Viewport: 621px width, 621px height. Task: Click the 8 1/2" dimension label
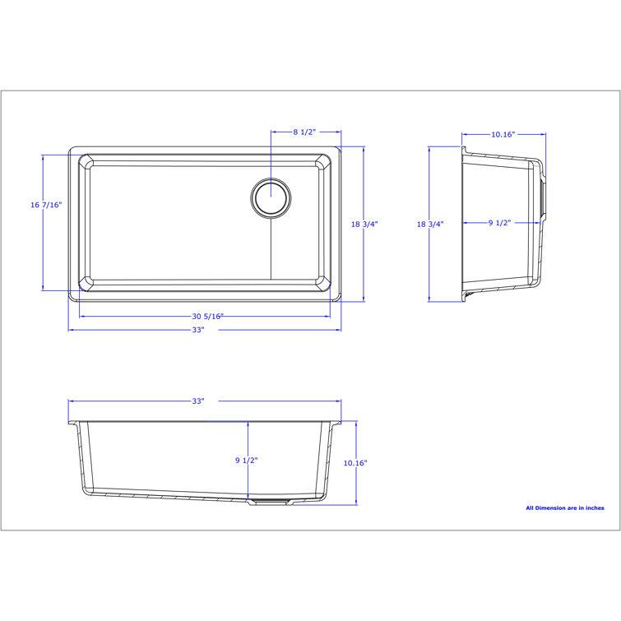click(304, 132)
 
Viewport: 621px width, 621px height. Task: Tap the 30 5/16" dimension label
click(206, 316)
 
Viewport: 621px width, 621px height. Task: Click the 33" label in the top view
click(198, 330)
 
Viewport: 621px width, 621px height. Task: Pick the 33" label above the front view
click(198, 401)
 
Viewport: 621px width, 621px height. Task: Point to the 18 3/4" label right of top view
click(364, 225)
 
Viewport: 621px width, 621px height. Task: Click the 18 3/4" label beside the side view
click(429, 225)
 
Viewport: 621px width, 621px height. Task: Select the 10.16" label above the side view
click(503, 134)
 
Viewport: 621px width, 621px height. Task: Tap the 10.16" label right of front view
click(355, 463)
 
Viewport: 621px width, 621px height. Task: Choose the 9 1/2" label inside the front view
click(246, 461)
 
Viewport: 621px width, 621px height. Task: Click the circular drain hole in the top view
click(271, 197)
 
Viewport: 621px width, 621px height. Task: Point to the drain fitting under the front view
click(271, 501)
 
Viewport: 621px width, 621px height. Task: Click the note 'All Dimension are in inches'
click(564, 508)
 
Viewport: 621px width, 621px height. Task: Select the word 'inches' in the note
click(593, 508)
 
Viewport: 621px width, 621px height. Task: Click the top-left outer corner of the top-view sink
click(70, 149)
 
